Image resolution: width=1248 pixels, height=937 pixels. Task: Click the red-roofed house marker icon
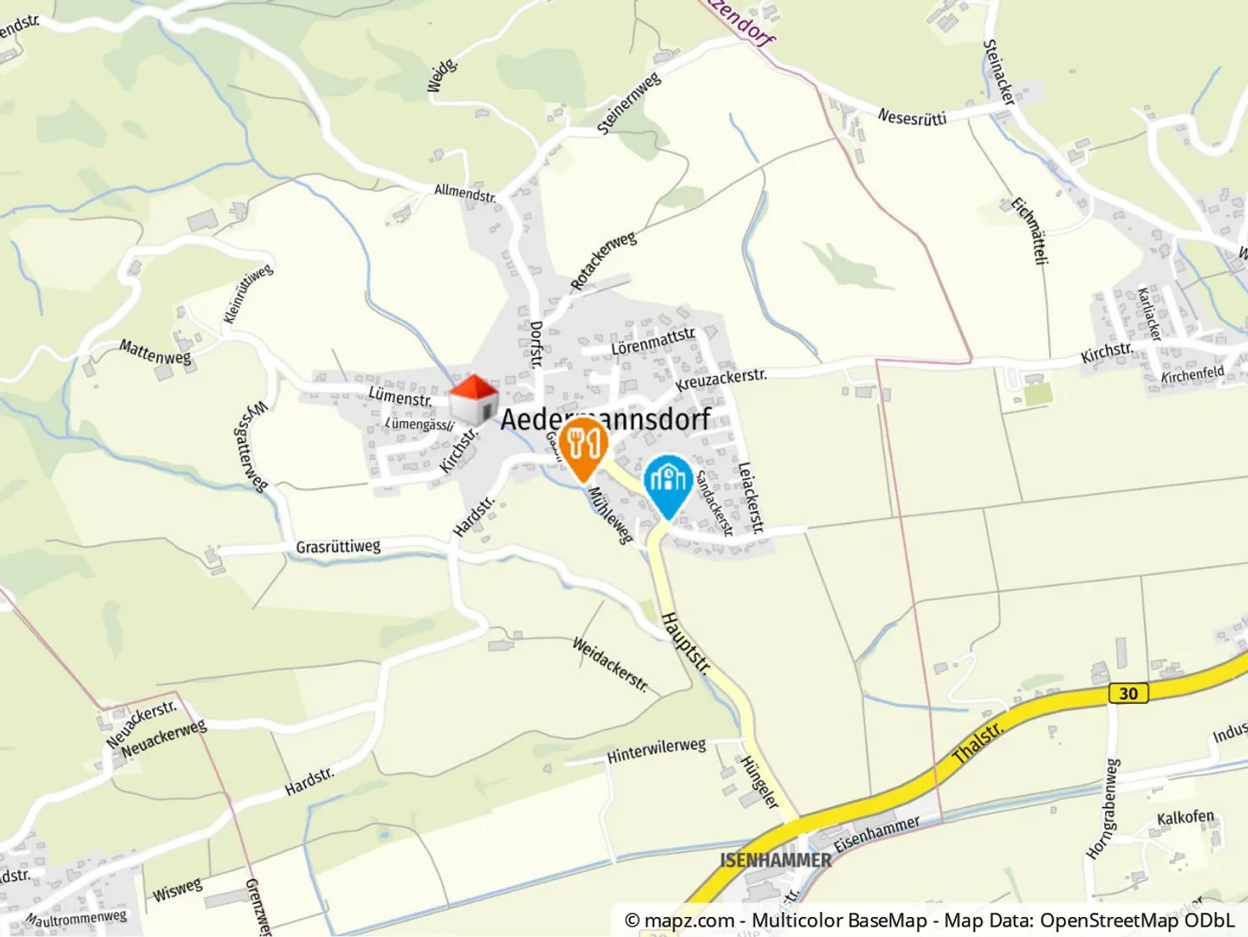(x=473, y=400)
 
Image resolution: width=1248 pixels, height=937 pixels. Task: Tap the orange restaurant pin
(x=583, y=445)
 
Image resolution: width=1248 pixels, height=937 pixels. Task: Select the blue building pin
(x=668, y=482)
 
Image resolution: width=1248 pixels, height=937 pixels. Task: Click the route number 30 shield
(x=1128, y=693)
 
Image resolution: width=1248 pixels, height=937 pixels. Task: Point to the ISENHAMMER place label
(x=776, y=860)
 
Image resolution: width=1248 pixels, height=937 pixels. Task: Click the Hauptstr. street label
(x=686, y=643)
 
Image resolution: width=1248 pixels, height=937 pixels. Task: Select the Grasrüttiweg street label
(x=338, y=547)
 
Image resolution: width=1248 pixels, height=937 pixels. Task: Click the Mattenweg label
(x=155, y=352)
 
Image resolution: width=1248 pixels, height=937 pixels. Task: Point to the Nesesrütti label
(x=912, y=117)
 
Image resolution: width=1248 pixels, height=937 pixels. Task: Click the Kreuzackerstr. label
(x=721, y=380)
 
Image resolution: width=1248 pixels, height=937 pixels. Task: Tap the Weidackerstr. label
(x=610, y=665)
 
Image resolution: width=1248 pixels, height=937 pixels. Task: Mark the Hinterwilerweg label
(x=656, y=751)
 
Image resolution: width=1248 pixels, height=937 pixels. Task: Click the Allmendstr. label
(x=465, y=192)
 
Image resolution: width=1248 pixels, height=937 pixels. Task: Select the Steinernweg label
(x=629, y=103)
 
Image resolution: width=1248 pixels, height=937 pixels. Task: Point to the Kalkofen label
(x=1186, y=817)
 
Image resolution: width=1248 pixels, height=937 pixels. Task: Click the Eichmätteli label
(x=1030, y=231)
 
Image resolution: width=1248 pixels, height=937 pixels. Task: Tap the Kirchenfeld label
(x=1193, y=374)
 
